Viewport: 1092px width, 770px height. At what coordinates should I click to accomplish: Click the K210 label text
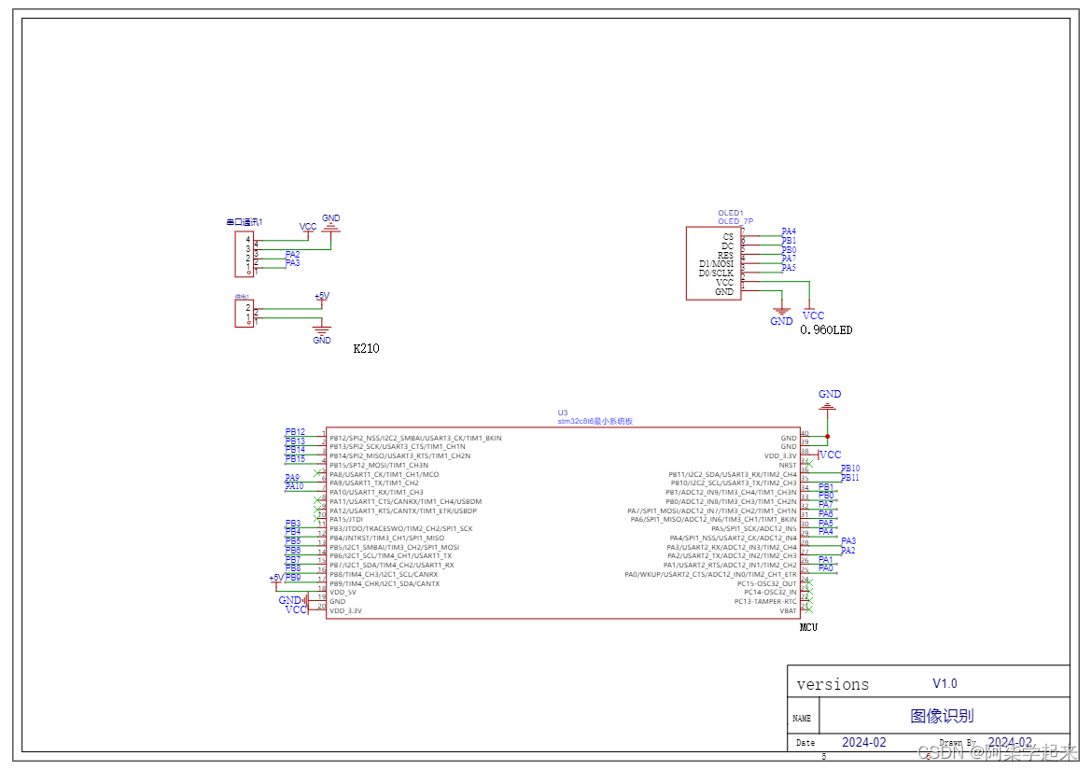click(x=366, y=349)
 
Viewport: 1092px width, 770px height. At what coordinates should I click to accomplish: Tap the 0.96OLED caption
click(x=826, y=329)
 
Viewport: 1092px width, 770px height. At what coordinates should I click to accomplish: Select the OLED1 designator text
click(x=731, y=213)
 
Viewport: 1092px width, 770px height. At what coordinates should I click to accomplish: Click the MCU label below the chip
click(x=808, y=627)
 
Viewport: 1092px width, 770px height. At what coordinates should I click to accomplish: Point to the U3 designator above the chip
click(x=563, y=412)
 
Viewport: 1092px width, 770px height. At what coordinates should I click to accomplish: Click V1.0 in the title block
click(x=945, y=683)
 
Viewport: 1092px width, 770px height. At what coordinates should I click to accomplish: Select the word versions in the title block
click(x=833, y=684)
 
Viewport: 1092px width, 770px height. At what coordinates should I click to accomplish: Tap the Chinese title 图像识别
click(x=942, y=716)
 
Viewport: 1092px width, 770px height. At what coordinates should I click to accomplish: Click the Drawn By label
click(x=957, y=743)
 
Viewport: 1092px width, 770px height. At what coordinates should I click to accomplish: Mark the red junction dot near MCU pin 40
click(x=827, y=436)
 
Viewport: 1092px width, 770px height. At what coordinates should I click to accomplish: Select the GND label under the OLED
click(x=781, y=321)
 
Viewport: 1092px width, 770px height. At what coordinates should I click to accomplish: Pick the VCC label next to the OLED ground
click(x=813, y=315)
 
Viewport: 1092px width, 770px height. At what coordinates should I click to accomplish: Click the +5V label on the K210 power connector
click(x=321, y=296)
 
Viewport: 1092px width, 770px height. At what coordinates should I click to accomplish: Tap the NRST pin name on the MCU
click(x=788, y=465)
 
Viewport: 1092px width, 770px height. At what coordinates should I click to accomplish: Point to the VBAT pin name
click(x=788, y=610)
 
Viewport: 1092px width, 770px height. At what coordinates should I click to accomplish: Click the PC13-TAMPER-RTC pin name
click(x=765, y=601)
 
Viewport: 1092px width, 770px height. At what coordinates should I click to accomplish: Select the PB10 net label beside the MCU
click(x=849, y=469)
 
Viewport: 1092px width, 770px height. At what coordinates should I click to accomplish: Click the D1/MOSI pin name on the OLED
click(x=716, y=264)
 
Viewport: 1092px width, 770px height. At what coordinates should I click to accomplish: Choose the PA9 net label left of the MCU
click(x=292, y=477)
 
